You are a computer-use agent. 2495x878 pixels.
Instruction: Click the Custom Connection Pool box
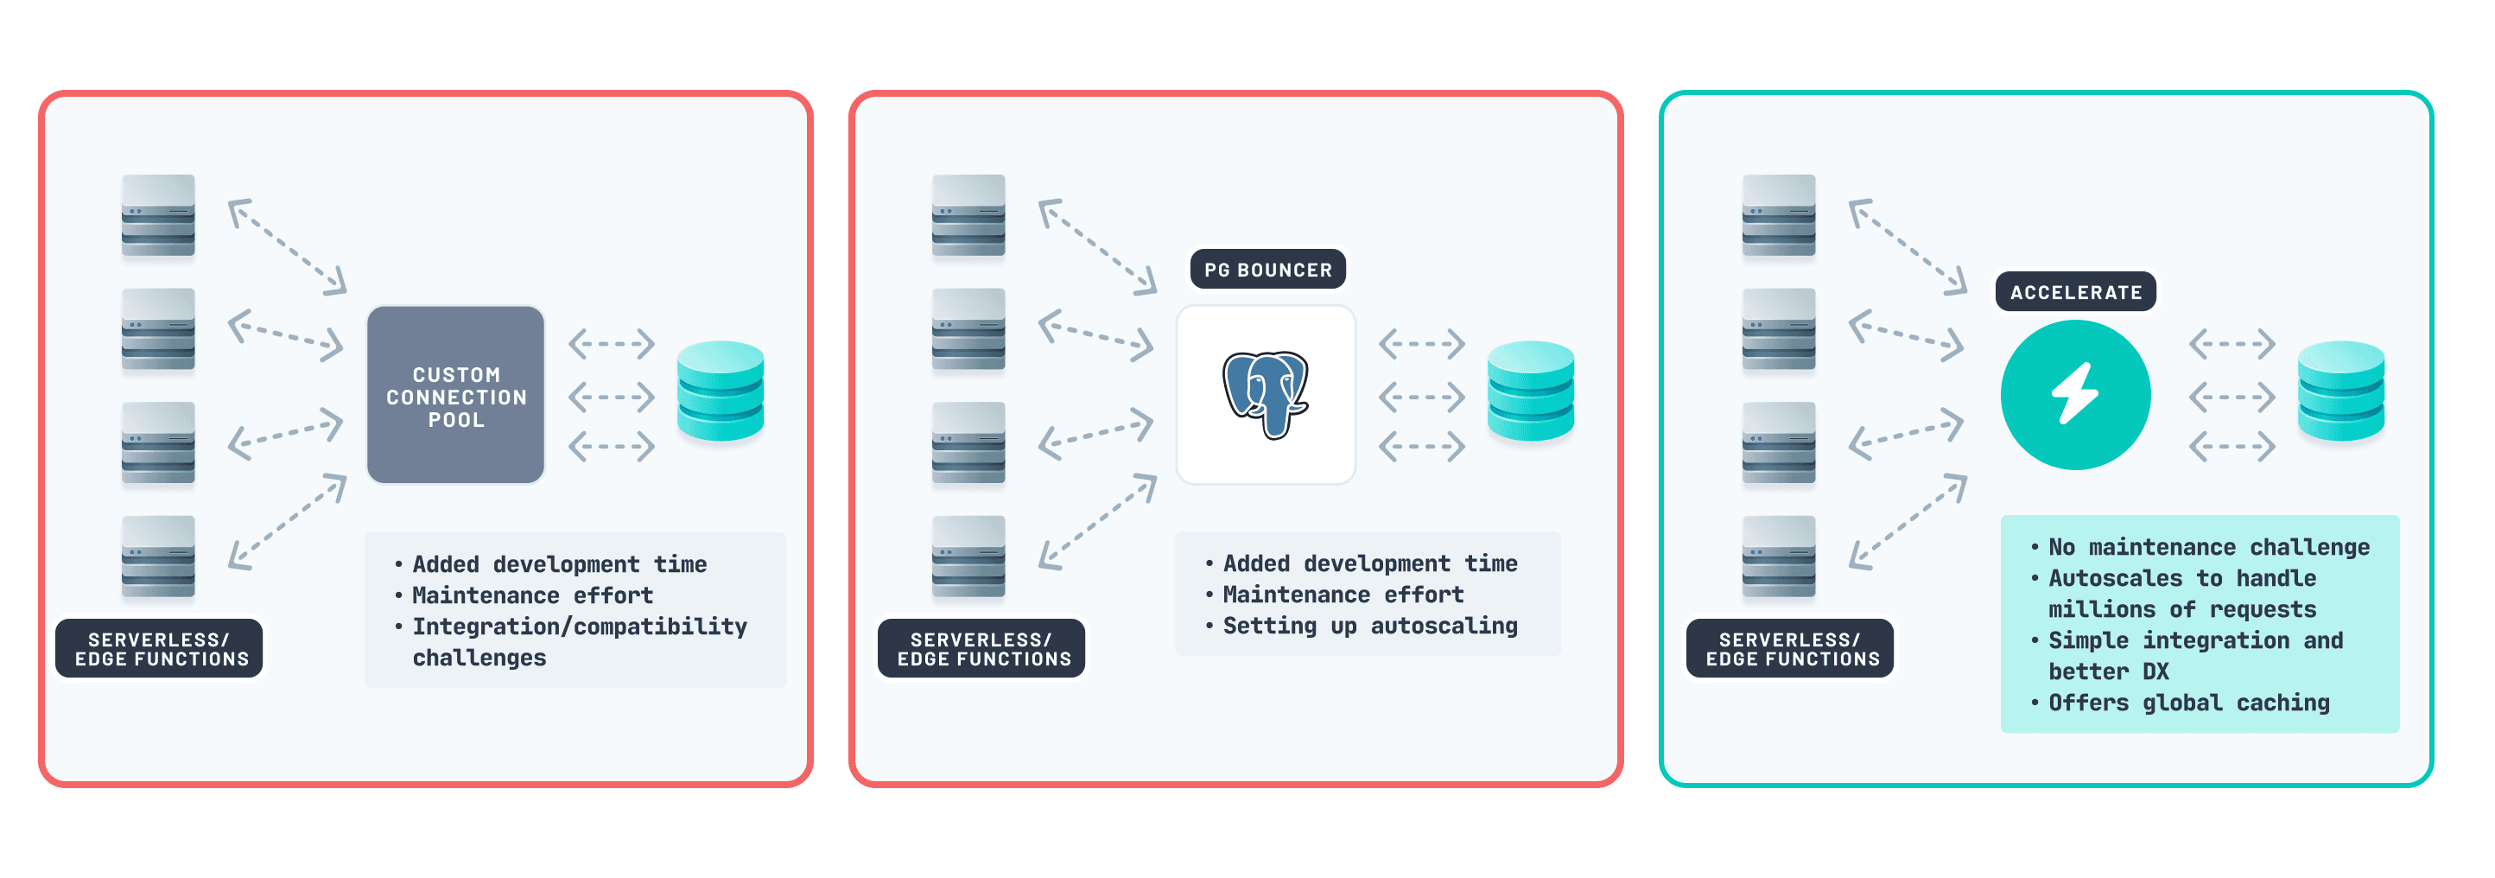[x=455, y=396]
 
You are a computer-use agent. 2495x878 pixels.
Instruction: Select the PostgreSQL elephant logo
[x=1265, y=394]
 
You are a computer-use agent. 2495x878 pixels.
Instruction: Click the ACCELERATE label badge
[x=2074, y=292]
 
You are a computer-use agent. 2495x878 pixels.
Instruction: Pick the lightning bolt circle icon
[x=2074, y=396]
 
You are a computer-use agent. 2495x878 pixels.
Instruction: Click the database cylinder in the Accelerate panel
[x=2340, y=391]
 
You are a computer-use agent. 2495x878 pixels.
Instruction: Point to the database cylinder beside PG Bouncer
[x=1530, y=391]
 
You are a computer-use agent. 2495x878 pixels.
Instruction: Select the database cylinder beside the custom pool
[x=720, y=391]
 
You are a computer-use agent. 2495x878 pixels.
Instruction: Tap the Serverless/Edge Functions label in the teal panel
[x=1791, y=649]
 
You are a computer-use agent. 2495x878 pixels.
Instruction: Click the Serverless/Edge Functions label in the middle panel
[x=982, y=649]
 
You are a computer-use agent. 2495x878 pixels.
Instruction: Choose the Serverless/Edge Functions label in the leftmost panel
[x=161, y=649]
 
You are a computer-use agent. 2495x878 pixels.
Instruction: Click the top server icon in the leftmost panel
[x=158, y=215]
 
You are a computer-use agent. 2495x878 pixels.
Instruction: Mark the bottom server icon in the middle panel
[x=968, y=557]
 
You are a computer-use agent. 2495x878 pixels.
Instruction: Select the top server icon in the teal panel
[x=1778, y=215]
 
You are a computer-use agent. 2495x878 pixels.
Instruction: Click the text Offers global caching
[x=2188, y=703]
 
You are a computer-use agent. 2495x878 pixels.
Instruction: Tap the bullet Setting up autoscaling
[x=1369, y=626]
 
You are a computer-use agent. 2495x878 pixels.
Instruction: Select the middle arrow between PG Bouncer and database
[x=1421, y=397]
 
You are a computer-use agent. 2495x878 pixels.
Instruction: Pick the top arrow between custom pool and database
[x=611, y=343]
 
